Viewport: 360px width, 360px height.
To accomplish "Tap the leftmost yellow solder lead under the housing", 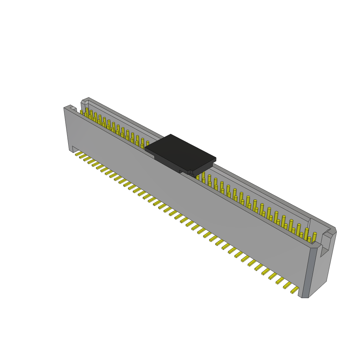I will pos(79,154).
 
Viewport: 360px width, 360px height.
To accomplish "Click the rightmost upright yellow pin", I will pos(314,237).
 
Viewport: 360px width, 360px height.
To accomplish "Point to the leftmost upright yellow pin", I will pos(82,112).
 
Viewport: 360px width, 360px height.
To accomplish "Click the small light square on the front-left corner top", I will pos(73,109).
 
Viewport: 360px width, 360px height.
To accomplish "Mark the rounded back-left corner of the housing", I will pos(83,103).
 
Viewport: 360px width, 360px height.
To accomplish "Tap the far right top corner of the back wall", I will pos(335,229).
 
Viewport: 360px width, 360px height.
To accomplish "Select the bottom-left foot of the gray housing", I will pos(71,150).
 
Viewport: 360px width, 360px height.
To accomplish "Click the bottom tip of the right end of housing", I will pos(305,297).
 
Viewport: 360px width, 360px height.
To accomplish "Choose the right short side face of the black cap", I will pos(203,167).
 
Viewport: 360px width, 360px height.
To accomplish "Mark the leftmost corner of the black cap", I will pos(146,149).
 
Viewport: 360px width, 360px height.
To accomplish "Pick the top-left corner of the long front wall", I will pos(65,108).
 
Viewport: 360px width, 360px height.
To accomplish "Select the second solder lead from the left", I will pos(83,156).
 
